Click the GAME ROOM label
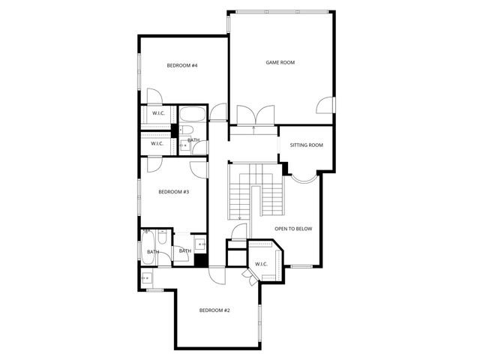[x=280, y=62]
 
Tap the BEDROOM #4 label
[x=181, y=66]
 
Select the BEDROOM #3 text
[x=173, y=192]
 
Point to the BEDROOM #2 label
[x=214, y=310]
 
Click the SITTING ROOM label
[x=306, y=145]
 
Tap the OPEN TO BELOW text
[x=292, y=229]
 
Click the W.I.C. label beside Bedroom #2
[x=262, y=264]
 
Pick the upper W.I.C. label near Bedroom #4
[x=158, y=113]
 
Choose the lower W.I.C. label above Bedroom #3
[x=157, y=143]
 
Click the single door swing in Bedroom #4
[x=154, y=97]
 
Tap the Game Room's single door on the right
[x=325, y=105]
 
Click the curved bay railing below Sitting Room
[x=304, y=178]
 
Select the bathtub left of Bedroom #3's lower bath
[x=147, y=247]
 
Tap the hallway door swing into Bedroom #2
[x=217, y=276]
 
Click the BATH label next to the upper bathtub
[x=193, y=140]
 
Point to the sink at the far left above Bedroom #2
[x=146, y=279]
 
